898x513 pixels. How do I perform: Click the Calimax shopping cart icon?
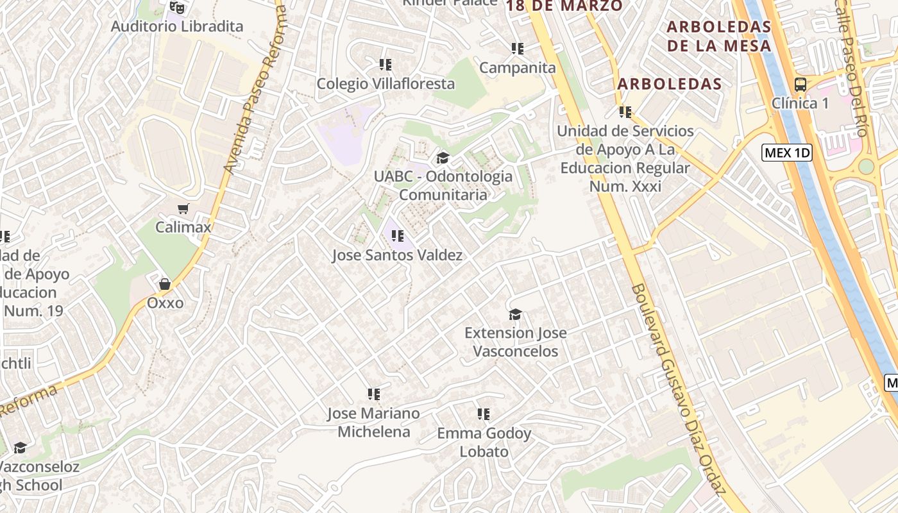[x=183, y=208]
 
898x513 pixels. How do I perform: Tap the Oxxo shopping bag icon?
[x=165, y=283]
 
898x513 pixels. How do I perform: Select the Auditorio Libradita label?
[x=177, y=26]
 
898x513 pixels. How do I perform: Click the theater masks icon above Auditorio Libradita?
[x=177, y=8]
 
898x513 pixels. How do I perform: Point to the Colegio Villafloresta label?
[x=385, y=83]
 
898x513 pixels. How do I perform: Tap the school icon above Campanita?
[x=517, y=49]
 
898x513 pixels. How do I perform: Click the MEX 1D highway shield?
[x=787, y=153]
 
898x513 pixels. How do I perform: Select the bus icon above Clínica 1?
[x=800, y=84]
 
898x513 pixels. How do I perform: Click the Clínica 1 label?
[x=804, y=103]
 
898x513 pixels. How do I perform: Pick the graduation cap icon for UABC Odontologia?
[x=443, y=158]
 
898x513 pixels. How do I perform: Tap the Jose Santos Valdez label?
[x=397, y=255]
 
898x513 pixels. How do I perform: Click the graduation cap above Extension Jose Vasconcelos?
[x=515, y=314]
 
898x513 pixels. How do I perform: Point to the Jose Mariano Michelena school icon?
[x=373, y=394]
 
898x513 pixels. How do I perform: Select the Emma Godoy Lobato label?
[x=484, y=442]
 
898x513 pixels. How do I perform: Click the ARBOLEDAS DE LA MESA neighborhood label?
[x=718, y=36]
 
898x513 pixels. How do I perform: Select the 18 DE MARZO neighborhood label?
[x=564, y=6]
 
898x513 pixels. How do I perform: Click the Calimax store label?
[x=183, y=227]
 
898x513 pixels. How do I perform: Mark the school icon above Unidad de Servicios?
[x=625, y=112]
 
